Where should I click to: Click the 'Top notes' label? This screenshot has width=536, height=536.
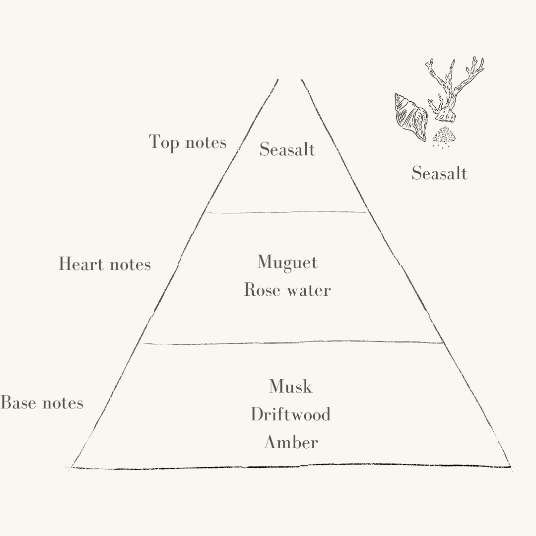tap(187, 142)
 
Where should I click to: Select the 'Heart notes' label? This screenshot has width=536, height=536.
tap(105, 264)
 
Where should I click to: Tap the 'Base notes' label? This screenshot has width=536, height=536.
tap(42, 402)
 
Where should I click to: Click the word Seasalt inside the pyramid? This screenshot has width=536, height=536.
tap(287, 149)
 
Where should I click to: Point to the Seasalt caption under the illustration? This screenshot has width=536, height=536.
tap(439, 173)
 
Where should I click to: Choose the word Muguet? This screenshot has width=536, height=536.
tap(287, 263)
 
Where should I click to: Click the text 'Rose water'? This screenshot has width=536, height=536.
tap(287, 290)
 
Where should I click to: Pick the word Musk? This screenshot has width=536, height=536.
tap(290, 386)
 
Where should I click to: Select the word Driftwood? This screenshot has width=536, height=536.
tap(290, 414)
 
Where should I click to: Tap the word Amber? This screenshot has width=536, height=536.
tap(291, 442)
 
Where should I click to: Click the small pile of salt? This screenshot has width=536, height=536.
tap(444, 136)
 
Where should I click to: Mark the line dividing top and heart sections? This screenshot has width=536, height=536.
tap(286, 212)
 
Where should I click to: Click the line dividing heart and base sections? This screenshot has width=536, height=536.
tap(291, 342)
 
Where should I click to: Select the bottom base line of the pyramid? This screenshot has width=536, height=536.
tap(290, 467)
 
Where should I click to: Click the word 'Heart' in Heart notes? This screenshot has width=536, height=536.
tap(81, 264)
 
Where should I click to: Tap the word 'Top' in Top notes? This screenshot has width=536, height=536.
tap(164, 142)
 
